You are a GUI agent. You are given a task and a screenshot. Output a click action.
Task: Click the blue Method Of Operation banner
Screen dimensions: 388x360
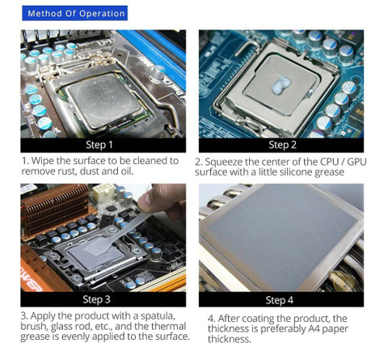pyautogui.click(x=74, y=13)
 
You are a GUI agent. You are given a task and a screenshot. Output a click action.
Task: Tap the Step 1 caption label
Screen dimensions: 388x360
pyautogui.click(x=99, y=145)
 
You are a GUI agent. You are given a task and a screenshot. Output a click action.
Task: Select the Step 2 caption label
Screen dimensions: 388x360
pyautogui.click(x=282, y=145)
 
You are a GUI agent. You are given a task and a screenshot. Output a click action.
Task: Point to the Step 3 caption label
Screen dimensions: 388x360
pyautogui.click(x=96, y=299)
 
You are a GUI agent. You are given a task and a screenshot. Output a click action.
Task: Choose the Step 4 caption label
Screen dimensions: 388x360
pyautogui.click(x=280, y=300)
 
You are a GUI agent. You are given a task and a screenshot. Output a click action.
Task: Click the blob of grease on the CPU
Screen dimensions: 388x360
pyautogui.click(x=281, y=84)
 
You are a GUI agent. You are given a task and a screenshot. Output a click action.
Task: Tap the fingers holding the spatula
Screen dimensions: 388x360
pyautogui.click(x=164, y=199)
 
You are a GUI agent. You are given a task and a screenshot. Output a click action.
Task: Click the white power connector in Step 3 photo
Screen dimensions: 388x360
pyautogui.click(x=103, y=193)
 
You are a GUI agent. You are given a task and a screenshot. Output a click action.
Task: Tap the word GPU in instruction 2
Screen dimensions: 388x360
pyautogui.click(x=356, y=162)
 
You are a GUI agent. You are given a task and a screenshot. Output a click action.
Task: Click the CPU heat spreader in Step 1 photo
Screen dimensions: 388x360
pyautogui.click(x=104, y=101)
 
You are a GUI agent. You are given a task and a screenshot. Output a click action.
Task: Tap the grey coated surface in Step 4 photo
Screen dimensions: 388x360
pyautogui.click(x=280, y=237)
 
